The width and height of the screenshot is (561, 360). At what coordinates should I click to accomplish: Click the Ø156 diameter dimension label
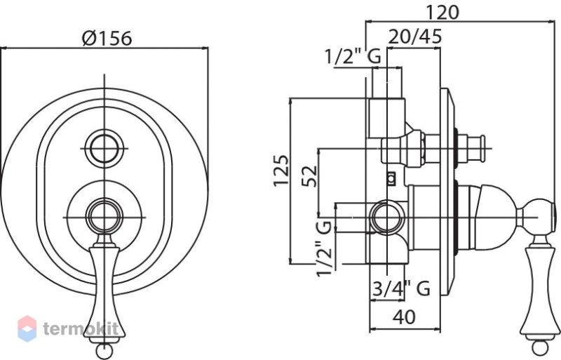point(107,38)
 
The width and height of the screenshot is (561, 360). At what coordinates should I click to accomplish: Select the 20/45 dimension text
point(414,36)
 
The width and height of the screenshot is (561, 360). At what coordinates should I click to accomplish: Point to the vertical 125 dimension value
point(281,170)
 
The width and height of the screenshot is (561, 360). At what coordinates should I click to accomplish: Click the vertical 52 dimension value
point(310,176)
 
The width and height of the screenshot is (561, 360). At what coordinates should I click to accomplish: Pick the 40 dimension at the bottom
point(405,316)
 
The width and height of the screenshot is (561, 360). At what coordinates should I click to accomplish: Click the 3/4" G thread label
point(400,288)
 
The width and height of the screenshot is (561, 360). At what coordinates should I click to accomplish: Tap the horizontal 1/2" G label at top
point(353,57)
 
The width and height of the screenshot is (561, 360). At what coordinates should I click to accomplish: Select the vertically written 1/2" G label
point(325,248)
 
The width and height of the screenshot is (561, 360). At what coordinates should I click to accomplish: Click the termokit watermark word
point(81,328)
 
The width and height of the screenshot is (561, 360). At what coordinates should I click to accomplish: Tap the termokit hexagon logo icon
point(27,328)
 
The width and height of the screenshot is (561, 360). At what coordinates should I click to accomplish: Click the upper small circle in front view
point(104,148)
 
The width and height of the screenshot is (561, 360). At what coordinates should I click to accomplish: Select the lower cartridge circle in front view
point(104,217)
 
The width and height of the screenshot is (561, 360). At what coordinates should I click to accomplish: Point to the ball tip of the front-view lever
point(104,351)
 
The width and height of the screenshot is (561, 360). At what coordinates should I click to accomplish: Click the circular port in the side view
point(386,218)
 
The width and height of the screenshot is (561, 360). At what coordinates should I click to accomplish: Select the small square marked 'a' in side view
point(392,178)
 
